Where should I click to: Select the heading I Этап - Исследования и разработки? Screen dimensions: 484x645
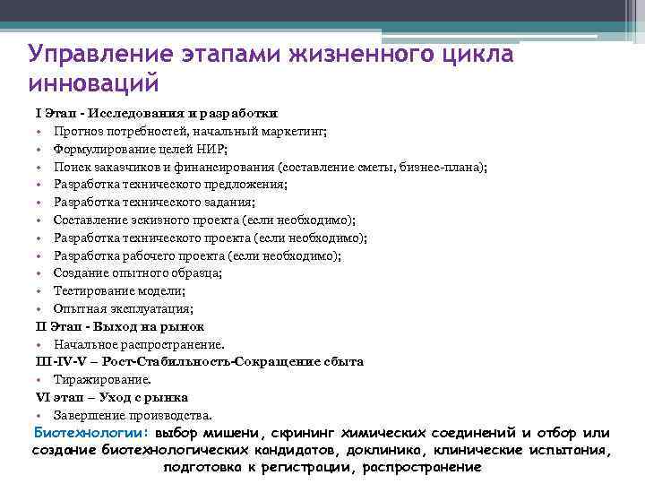point(156,114)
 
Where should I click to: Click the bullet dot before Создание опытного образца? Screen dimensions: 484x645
point(40,273)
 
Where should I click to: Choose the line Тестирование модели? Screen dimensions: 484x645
point(118,290)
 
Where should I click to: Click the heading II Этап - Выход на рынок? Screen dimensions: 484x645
point(120,326)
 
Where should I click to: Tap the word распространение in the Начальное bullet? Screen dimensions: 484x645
point(178,344)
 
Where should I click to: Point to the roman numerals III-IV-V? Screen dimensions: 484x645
point(61,361)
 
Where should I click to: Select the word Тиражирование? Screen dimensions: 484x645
point(95,379)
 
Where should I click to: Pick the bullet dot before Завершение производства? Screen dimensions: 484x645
point(40,415)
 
